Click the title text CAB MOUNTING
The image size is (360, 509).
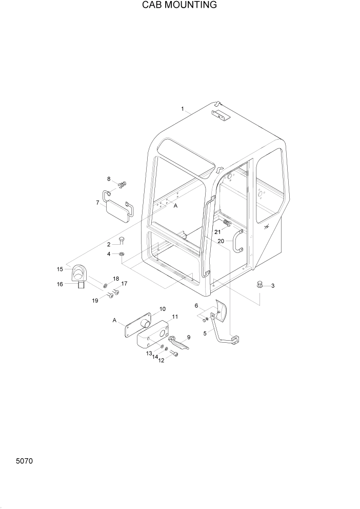[179, 5]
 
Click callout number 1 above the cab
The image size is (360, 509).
[183, 109]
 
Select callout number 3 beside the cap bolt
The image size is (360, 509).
[272, 286]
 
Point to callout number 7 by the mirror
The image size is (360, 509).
[97, 203]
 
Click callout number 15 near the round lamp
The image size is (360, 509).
[60, 269]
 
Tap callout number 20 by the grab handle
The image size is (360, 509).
[221, 241]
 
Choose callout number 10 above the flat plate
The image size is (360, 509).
[162, 309]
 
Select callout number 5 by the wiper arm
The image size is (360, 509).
[205, 333]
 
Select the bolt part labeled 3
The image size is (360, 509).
[259, 285]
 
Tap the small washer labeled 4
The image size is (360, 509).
[122, 254]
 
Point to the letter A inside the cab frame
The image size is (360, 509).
[175, 206]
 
